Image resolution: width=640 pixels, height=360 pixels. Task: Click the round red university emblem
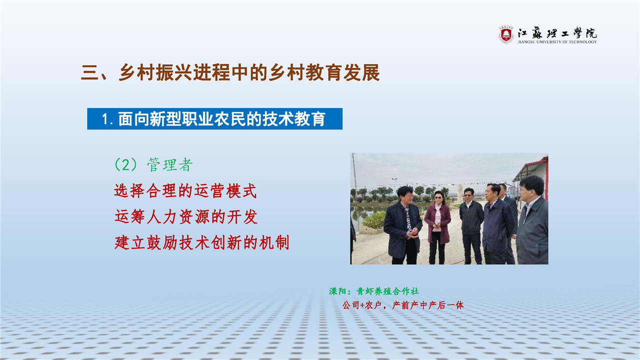click(x=506, y=35)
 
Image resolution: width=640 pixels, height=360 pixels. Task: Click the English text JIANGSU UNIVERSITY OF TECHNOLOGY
click(x=557, y=42)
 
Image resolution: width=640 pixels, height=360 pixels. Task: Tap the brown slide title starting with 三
click(x=230, y=72)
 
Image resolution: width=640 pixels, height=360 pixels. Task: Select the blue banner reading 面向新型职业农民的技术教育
click(x=214, y=119)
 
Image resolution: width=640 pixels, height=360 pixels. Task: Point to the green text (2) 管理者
click(x=153, y=165)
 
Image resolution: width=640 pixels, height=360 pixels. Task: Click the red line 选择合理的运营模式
click(x=185, y=191)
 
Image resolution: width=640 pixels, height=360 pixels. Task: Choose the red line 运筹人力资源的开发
click(x=186, y=217)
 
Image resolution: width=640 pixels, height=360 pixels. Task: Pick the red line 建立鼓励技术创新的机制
click(x=201, y=243)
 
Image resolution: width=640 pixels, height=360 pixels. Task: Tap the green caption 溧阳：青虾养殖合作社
click(x=374, y=291)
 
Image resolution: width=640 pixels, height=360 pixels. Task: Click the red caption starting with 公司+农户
click(x=403, y=305)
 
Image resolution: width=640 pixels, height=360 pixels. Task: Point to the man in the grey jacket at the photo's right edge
click(x=532, y=220)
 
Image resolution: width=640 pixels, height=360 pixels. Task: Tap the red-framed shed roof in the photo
click(x=531, y=168)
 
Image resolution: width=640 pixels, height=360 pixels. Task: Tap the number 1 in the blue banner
click(x=105, y=119)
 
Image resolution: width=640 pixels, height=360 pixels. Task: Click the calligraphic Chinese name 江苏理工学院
click(x=557, y=33)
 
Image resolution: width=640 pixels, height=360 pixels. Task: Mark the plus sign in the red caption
click(x=362, y=305)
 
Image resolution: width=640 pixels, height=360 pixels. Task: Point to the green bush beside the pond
click(x=375, y=220)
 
